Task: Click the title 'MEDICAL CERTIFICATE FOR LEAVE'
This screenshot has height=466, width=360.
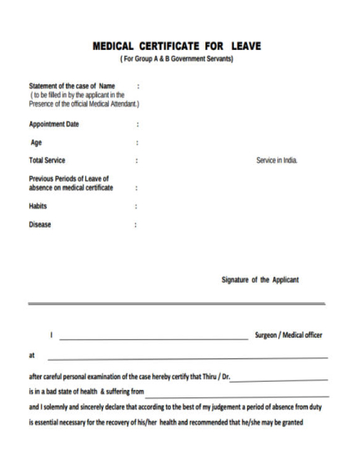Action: [x=177, y=46]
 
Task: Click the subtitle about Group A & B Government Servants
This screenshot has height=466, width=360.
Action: [x=177, y=59]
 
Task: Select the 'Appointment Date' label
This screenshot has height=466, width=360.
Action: [x=54, y=124]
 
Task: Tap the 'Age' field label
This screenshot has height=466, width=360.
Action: [x=36, y=142]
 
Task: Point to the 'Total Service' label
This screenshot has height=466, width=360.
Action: [x=47, y=160]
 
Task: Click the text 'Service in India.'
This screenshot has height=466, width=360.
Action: [x=277, y=160]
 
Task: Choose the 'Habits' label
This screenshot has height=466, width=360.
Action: [x=38, y=206]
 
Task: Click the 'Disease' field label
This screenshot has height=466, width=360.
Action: [x=40, y=224]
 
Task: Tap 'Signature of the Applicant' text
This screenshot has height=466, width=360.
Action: [x=260, y=280]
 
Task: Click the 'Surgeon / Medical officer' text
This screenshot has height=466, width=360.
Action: [x=289, y=335]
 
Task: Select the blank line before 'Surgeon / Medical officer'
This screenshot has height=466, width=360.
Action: [x=153, y=338]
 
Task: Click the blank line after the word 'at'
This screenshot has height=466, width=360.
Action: [x=187, y=358]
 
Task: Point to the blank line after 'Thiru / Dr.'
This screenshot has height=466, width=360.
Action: [x=280, y=379]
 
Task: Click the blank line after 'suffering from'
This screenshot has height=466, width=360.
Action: [x=237, y=394]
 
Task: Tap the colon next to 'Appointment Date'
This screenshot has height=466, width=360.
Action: [x=137, y=124]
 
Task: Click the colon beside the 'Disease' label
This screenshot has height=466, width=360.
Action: [x=136, y=224]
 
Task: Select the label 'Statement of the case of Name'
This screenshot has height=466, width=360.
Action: [x=72, y=86]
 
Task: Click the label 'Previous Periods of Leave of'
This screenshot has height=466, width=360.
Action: [x=69, y=178]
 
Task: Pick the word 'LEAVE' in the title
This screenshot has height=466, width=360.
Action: [x=245, y=46]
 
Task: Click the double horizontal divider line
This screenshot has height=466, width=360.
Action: [x=177, y=303]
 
